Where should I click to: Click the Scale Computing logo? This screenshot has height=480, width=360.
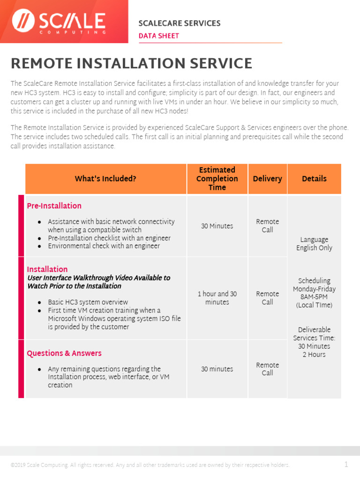(x=59, y=22)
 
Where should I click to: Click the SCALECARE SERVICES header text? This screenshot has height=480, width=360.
(x=179, y=23)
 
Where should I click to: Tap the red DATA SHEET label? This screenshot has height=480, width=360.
(x=158, y=36)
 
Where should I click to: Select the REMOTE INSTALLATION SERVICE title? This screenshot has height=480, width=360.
(x=131, y=63)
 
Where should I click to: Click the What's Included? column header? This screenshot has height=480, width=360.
(x=105, y=179)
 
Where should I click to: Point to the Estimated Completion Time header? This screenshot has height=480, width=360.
(x=217, y=179)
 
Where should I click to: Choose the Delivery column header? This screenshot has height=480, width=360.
(x=267, y=179)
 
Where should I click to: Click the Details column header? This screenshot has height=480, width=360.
(x=314, y=179)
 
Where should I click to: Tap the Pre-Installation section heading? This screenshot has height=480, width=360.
(x=54, y=206)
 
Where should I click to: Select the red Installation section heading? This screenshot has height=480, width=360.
(x=47, y=269)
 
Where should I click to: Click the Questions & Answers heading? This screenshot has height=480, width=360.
(x=64, y=353)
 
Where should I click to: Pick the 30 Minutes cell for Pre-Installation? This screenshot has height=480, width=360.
(x=217, y=226)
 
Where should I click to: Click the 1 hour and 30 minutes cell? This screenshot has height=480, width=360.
(x=217, y=298)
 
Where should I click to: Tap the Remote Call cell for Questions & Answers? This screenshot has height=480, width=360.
(x=267, y=369)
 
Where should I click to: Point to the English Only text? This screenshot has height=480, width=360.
(x=314, y=248)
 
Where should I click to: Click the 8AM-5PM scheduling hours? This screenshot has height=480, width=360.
(x=314, y=297)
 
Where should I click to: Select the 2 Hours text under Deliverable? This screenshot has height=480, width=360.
(x=314, y=354)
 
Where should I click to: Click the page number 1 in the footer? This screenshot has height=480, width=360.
(x=346, y=465)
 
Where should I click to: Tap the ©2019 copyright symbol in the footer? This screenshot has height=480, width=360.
(x=13, y=465)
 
